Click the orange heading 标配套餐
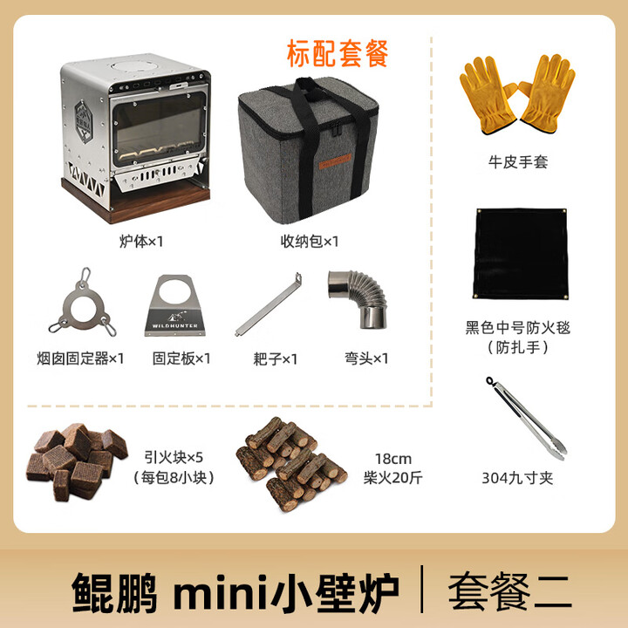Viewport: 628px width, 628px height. pos(337,53)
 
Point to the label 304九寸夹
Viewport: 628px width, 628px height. pos(517,477)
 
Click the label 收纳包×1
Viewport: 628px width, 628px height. pos(309,240)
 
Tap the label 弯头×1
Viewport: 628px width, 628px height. pos(366,358)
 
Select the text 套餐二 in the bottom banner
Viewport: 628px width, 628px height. pos(509,592)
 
